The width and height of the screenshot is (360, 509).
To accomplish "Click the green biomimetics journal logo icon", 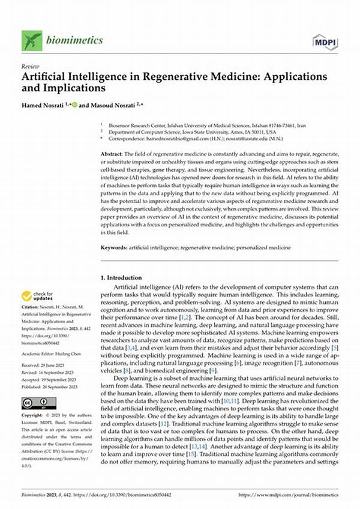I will (x=32, y=41).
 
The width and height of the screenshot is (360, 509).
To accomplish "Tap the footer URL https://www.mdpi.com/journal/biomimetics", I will (x=288, y=493).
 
